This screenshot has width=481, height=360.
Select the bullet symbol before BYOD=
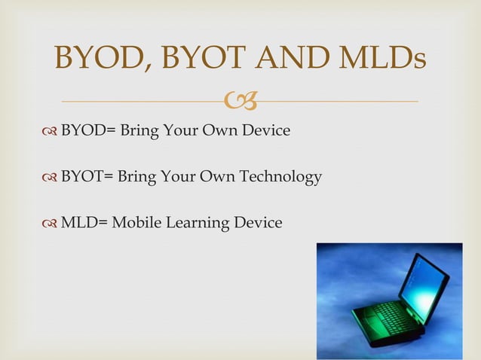click(50, 131)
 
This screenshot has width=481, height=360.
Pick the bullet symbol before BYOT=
click(50, 178)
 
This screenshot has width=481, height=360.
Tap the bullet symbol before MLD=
click(50, 224)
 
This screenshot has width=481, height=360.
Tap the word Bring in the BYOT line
click(137, 177)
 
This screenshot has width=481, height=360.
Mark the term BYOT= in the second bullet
click(87, 177)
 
